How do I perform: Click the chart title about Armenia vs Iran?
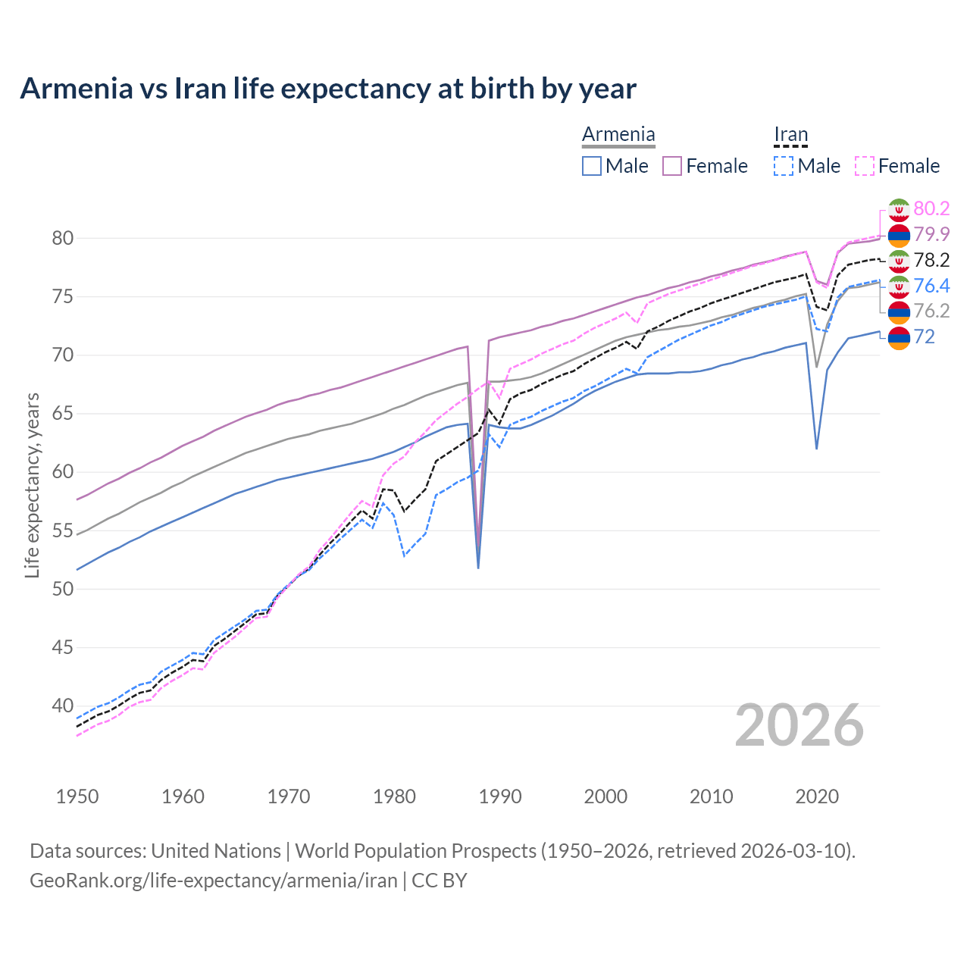[x=328, y=89]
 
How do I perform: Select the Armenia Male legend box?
[x=592, y=166]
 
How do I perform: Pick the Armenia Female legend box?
[x=672, y=166]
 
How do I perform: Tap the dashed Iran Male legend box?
[x=784, y=166]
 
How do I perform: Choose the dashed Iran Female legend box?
[x=865, y=166]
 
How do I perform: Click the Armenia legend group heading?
[x=618, y=135]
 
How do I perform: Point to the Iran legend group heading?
[x=790, y=135]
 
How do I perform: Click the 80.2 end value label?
[x=931, y=208]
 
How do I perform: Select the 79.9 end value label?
[x=931, y=234]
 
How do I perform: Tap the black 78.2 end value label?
[x=931, y=260]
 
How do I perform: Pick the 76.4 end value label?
[x=931, y=286]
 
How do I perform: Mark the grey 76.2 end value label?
[x=931, y=311]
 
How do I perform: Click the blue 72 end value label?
[x=925, y=336]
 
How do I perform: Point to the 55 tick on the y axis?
[x=63, y=530]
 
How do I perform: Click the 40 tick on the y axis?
[x=63, y=706]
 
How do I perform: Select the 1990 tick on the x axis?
[x=500, y=796]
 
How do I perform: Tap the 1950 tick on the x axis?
[x=77, y=796]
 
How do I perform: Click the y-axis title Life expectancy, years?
[x=32, y=485]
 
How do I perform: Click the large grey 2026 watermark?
[x=799, y=726]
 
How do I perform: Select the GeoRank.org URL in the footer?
[x=214, y=881]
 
